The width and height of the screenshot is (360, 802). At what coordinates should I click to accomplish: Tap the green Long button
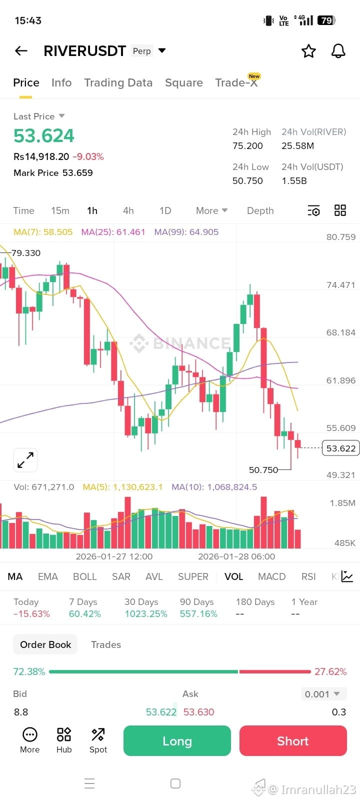[x=177, y=740]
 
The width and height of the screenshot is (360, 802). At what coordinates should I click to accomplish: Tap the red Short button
[x=293, y=740]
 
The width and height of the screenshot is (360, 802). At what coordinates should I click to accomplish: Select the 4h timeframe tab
[x=128, y=210]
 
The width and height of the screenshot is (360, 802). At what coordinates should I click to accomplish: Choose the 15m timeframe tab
[x=60, y=210]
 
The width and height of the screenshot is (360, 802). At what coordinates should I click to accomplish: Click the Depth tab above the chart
[x=260, y=210]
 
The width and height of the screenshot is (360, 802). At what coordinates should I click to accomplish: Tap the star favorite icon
[x=308, y=51]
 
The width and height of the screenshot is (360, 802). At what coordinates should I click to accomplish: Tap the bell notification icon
[x=338, y=51]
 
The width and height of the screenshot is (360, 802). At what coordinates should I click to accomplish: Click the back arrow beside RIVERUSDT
[x=21, y=51]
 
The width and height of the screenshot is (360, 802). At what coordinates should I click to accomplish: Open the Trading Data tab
[x=118, y=82]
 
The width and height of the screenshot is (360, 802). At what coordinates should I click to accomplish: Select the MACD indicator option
[x=272, y=576]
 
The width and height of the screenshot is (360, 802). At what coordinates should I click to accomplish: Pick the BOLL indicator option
[x=85, y=576]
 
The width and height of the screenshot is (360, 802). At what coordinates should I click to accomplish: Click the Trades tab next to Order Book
[x=106, y=644]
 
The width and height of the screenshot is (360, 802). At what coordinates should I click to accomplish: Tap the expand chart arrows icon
[x=25, y=460]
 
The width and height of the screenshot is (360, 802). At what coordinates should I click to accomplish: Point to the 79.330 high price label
[x=26, y=253]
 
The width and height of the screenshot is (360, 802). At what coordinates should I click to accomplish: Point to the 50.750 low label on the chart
[x=263, y=469]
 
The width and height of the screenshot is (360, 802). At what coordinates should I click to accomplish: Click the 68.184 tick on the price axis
[x=340, y=332]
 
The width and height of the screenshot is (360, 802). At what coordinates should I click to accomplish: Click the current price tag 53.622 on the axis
[x=340, y=448]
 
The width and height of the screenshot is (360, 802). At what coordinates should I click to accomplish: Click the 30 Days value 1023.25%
[x=146, y=613]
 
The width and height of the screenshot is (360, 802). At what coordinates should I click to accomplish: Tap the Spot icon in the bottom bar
[x=98, y=740]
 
